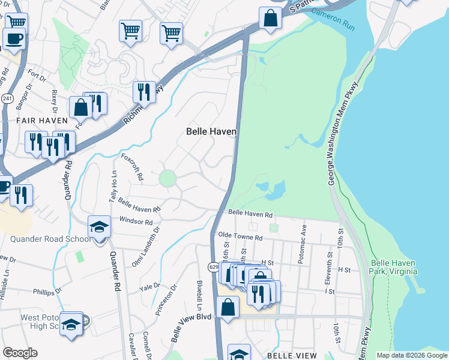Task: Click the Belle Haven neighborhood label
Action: click(x=211, y=131)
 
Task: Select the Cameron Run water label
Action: click(x=341, y=23)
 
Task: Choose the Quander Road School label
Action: click(x=50, y=239)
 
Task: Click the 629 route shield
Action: click(x=214, y=265)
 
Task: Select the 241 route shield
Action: click(x=7, y=98)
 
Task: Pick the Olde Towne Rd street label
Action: click(x=241, y=237)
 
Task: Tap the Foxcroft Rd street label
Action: click(x=133, y=167)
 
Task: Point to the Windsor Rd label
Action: click(x=136, y=221)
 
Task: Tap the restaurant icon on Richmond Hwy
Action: click(x=143, y=92)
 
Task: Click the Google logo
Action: click(x=20, y=353)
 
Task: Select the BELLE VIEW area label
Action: click(x=292, y=356)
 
